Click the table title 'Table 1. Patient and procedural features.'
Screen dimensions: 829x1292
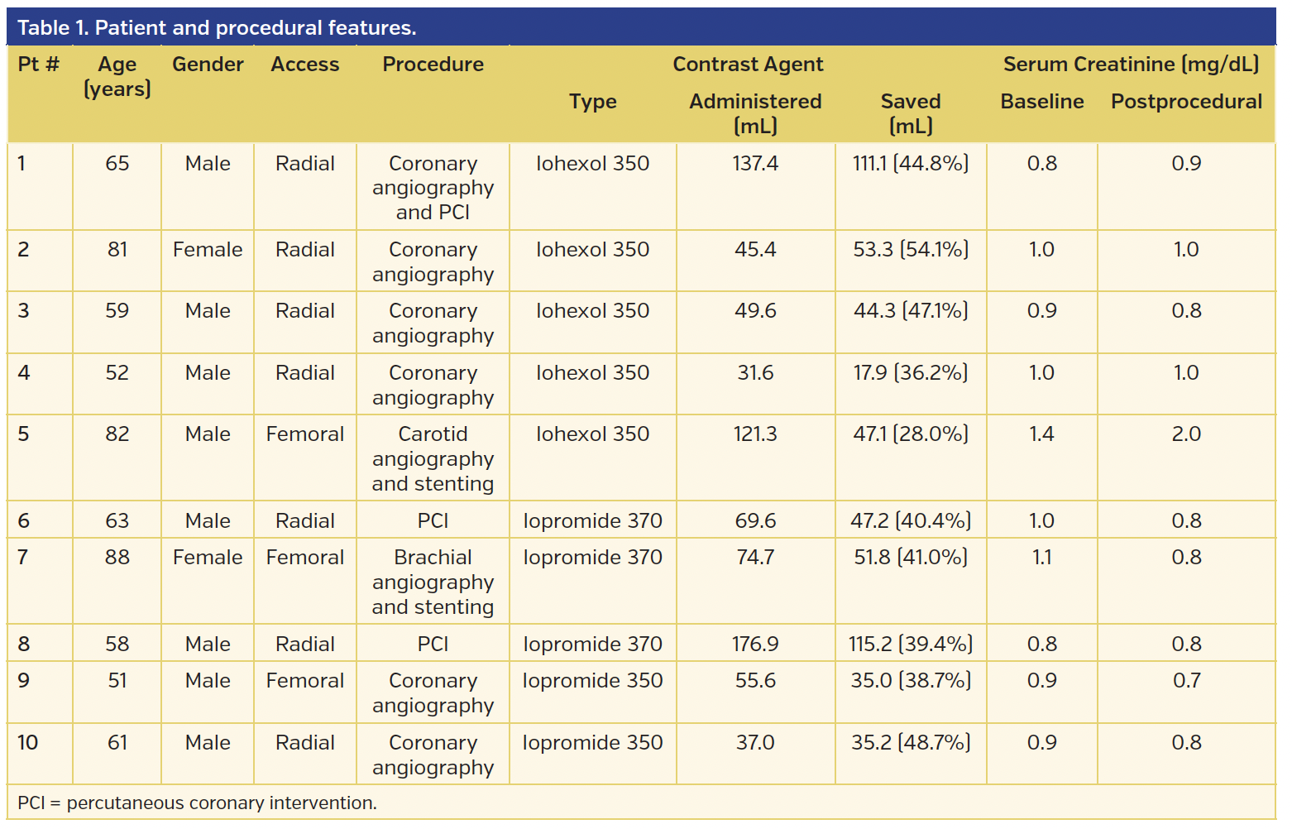tap(217, 28)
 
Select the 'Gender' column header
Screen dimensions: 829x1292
tap(208, 65)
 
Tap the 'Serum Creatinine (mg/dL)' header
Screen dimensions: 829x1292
tap(1130, 65)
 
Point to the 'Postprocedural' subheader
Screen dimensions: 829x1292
tap(1185, 102)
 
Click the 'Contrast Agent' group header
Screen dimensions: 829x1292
tap(748, 65)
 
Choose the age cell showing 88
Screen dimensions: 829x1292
tap(117, 558)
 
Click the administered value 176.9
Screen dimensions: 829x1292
tap(755, 644)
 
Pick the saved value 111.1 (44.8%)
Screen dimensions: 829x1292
tap(910, 164)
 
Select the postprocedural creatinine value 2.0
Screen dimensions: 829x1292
tap(1185, 434)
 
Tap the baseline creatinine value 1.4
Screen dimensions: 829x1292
tap(1041, 434)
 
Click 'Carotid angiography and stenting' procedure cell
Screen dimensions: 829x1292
tap(433, 458)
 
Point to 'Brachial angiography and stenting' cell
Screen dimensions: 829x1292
tap(433, 582)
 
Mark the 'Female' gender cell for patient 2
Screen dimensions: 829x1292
tap(208, 250)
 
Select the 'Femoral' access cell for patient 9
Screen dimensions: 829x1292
tap(304, 681)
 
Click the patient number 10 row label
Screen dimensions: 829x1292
tap(28, 743)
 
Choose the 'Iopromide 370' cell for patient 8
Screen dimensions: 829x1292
tap(592, 644)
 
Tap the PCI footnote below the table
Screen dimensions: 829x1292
tap(197, 803)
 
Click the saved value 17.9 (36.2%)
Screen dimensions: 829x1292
tap(910, 373)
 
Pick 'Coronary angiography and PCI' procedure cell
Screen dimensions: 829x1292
tap(433, 188)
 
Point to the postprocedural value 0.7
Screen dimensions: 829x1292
tap(1185, 681)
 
